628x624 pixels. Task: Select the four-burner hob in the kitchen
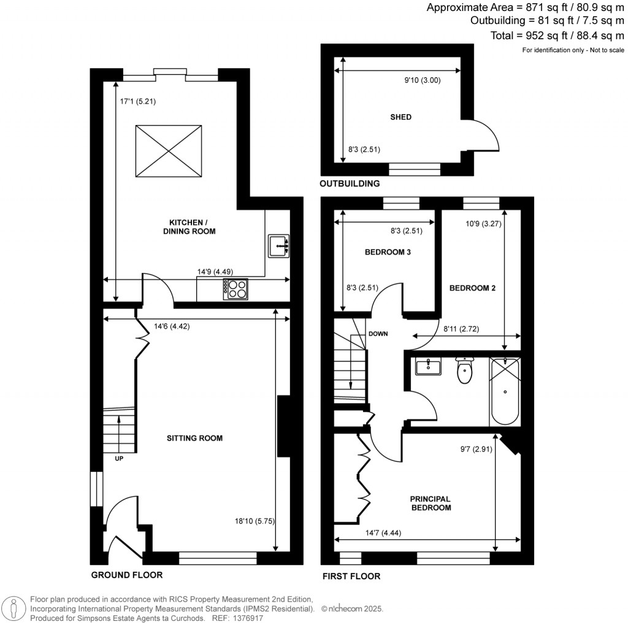236,289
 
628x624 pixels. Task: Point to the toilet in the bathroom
465,370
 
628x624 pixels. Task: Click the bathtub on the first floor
505,392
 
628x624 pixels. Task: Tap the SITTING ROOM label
194,438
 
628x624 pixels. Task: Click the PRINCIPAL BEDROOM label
431,503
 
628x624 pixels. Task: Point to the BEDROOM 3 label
387,252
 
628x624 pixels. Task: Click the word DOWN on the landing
378,334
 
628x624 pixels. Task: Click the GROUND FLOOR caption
127,575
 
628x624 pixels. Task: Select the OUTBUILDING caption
350,183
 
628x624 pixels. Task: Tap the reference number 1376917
248,618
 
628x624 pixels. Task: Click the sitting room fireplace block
284,427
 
